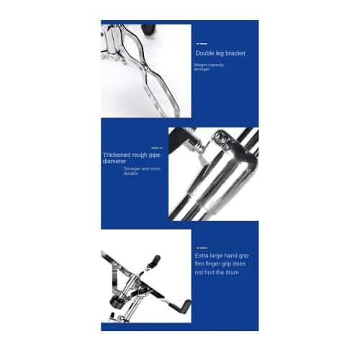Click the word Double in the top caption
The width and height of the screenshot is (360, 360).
point(204,53)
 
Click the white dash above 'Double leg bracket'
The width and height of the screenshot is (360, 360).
point(202,44)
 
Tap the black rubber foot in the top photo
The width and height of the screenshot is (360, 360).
point(148,30)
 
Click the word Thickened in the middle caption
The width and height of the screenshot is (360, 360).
point(117,155)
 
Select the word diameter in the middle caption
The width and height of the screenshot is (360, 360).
point(115,161)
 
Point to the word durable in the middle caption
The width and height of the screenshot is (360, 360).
point(130,174)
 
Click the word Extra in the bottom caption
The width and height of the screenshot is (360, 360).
point(202,255)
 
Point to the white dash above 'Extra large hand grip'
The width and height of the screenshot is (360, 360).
point(202,246)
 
